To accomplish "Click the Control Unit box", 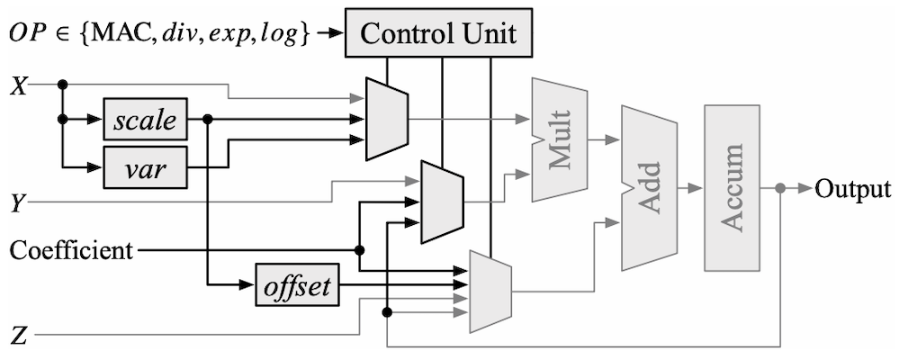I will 439,33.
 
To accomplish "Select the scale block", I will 145,119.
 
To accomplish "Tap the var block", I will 145,166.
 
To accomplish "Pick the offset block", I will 297,288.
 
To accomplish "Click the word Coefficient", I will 70,248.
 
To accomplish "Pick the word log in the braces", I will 283,34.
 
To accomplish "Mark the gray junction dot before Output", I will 780,189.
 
